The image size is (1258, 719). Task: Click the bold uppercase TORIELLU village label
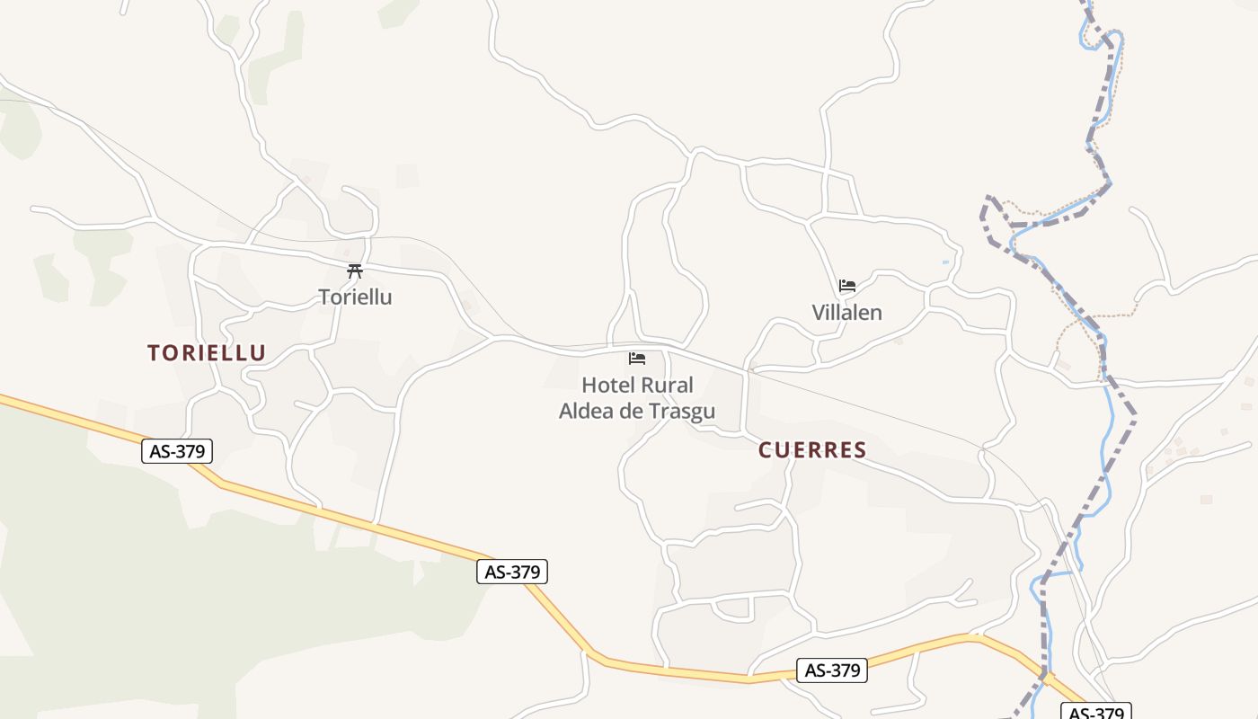207,353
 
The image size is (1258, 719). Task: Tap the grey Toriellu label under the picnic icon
355,297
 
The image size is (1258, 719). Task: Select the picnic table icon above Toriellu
355,271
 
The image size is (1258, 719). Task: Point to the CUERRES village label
812,450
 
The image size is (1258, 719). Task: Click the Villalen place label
846,313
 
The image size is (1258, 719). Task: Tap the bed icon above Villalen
846,287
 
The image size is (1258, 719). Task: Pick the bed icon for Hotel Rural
637,359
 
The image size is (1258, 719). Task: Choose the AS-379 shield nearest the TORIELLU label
177,451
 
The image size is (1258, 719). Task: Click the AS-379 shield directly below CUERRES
832,670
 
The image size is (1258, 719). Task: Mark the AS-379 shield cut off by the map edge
1095,712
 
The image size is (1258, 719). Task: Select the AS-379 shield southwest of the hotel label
511,572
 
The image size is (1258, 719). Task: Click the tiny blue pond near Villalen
945,262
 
